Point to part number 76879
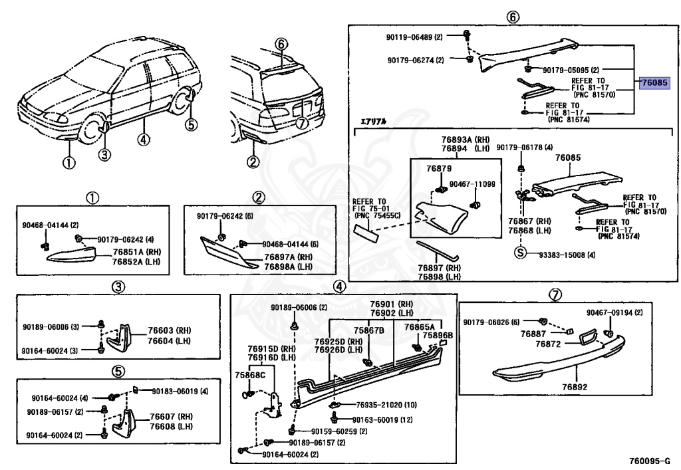coord(439,169)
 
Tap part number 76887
coord(533,333)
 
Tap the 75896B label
coord(437,336)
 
